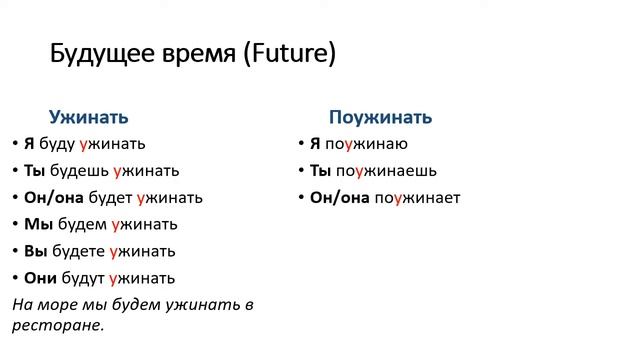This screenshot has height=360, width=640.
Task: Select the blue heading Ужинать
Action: (89, 117)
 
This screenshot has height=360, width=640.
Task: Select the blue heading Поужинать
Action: (380, 117)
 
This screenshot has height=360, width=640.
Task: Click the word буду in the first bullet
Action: (57, 144)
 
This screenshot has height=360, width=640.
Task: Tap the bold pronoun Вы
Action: (36, 251)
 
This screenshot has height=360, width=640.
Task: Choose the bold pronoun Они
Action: (42, 278)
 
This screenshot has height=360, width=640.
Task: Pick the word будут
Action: (82, 278)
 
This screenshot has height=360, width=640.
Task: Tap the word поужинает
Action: (417, 198)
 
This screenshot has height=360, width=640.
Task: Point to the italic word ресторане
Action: (61, 325)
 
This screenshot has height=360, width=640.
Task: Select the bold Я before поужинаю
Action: (315, 144)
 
